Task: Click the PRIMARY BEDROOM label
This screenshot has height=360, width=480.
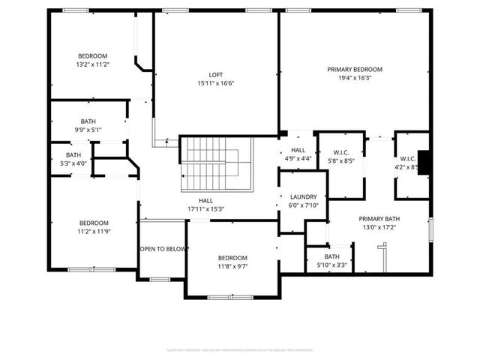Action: tap(355, 69)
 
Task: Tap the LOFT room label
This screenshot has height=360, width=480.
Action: tap(215, 74)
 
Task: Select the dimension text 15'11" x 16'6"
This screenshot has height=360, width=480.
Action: tap(215, 82)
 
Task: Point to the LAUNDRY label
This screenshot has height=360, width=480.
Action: tap(303, 198)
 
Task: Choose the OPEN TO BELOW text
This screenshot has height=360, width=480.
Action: tap(162, 249)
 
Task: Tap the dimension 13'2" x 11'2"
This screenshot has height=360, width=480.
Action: tap(94, 64)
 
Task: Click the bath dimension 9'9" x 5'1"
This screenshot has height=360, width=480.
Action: tap(88, 130)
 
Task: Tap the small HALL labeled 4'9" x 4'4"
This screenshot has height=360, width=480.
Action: tap(298, 154)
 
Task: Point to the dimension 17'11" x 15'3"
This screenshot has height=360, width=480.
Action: tap(205, 209)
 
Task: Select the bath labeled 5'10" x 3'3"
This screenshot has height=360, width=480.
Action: tap(331, 260)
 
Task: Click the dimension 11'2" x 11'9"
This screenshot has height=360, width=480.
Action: tap(94, 232)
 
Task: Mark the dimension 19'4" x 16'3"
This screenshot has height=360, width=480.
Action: tap(355, 77)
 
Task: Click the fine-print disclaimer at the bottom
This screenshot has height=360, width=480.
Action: tap(239, 349)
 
